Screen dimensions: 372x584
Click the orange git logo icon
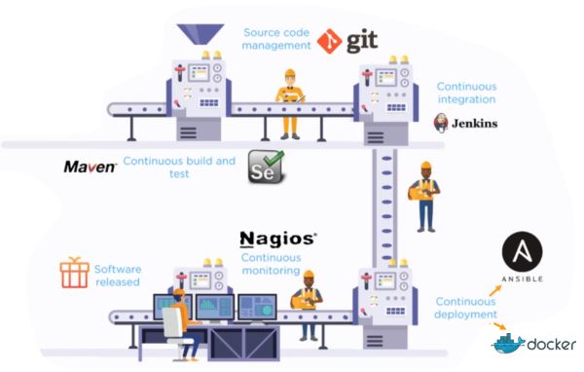(330, 42)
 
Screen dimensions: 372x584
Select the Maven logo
(91, 167)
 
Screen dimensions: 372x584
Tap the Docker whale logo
(509, 344)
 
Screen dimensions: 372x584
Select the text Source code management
(277, 39)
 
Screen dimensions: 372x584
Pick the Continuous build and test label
(179, 167)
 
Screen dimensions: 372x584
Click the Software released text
(118, 275)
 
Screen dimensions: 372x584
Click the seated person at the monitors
(178, 321)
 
